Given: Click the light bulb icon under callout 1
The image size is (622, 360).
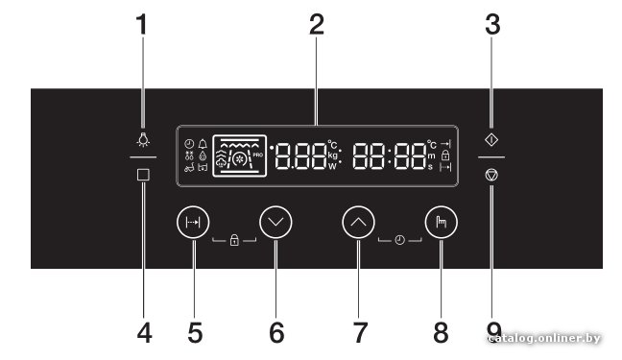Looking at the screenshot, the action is tap(143, 140).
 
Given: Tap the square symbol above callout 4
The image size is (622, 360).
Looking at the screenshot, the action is tap(143, 175).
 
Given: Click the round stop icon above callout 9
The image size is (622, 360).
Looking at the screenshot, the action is tap(491, 175).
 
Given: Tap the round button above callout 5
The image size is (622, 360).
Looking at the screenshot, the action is tap(193, 223).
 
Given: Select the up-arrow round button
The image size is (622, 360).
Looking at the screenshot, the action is tap(359, 223).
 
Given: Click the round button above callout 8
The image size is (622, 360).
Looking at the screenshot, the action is tap(442, 223).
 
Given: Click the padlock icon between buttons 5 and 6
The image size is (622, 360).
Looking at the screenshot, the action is tap(234, 240).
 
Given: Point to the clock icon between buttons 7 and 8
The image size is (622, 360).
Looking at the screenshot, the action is tap(400, 240).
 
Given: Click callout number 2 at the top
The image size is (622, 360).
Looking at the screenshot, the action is tap(317, 25).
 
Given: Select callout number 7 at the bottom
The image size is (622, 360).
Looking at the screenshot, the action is tap(360, 332).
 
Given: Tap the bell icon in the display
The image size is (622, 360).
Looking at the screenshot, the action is tap(203, 144).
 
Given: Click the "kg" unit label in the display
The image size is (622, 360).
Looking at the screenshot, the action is tap(333, 156).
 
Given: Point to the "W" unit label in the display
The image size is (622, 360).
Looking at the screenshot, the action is tap(332, 167).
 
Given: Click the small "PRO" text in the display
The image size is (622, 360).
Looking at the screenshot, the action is tap(258, 155).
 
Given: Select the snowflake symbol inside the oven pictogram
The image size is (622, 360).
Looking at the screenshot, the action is tap(239, 159).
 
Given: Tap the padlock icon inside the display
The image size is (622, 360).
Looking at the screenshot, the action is tap(445, 155).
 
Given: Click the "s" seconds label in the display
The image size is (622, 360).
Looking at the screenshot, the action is tap(430, 167).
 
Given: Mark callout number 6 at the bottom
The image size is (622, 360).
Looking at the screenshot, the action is tap(276, 332).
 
